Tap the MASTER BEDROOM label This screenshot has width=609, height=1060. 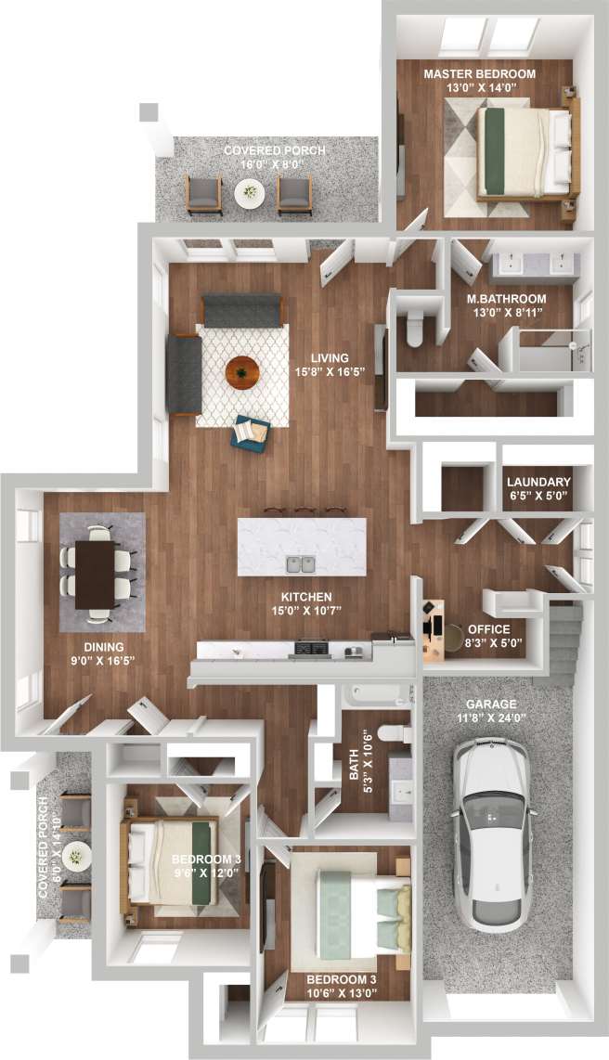[479, 73]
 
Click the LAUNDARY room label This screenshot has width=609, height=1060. [538, 482]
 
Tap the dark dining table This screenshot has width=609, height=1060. [96, 575]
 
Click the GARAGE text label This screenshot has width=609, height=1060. [493, 705]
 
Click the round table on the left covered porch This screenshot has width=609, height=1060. [76, 854]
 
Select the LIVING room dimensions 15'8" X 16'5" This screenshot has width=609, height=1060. [330, 372]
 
